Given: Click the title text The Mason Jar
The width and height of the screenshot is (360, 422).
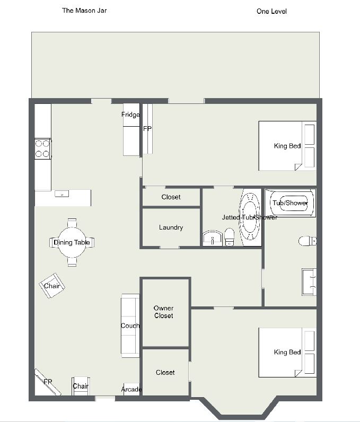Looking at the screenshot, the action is (84, 11).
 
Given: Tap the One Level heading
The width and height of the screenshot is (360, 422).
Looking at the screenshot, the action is (271, 11).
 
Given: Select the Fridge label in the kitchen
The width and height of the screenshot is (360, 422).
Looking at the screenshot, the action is (130, 115).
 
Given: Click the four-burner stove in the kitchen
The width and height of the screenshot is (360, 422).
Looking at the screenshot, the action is (43, 148).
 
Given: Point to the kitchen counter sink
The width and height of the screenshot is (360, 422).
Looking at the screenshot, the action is (62, 194).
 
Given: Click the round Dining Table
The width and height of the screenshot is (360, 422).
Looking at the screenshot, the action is (72, 242).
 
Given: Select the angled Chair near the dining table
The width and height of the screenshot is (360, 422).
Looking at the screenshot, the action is (52, 286).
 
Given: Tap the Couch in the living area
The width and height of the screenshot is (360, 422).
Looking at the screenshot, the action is (130, 326).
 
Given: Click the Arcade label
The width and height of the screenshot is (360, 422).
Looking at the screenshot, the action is (131, 389).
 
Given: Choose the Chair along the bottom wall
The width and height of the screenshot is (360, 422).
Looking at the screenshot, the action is (81, 386).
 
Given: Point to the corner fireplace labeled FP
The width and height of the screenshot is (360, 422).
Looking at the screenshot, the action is (48, 382).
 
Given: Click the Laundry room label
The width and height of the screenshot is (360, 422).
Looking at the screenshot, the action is (171, 227).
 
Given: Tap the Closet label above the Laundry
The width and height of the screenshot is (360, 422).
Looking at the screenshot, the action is (171, 197).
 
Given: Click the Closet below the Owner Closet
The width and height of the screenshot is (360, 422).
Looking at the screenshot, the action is (165, 373).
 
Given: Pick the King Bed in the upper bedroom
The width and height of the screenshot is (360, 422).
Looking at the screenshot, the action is (287, 146).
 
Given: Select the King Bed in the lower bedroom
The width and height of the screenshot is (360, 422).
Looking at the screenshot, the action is (287, 353).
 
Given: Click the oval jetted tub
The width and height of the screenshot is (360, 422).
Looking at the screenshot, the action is (250, 217).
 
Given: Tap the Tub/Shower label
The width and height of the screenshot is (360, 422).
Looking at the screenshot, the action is (290, 203).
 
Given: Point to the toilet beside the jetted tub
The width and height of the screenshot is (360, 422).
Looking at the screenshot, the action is (229, 237).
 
